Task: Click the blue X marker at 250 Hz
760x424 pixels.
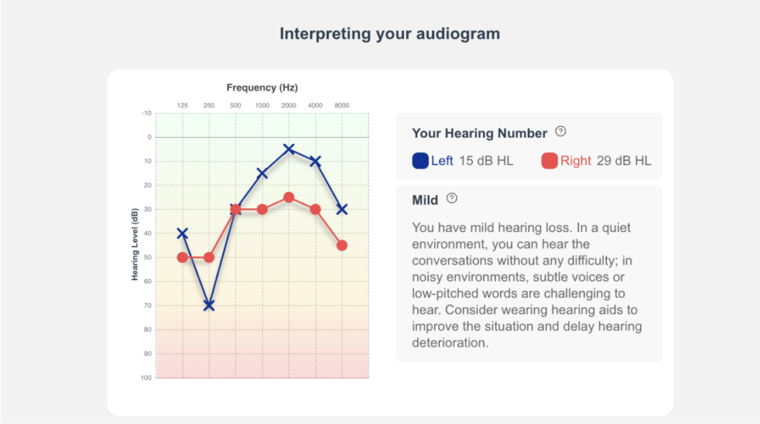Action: click(209, 305)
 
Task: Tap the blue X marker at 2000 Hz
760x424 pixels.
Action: click(289, 148)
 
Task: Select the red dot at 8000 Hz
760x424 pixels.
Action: click(341, 245)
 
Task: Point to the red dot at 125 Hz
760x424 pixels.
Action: click(183, 257)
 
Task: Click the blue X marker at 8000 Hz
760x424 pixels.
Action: click(341, 209)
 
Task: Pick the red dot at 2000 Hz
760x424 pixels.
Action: click(289, 197)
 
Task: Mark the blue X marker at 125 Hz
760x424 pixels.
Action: click(183, 233)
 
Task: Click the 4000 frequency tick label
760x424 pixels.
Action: click(315, 105)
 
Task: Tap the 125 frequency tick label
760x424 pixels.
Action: click(183, 105)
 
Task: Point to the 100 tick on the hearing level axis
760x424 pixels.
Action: click(146, 377)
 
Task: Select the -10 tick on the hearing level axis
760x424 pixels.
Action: click(146, 113)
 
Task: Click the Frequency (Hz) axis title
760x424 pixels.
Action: click(262, 87)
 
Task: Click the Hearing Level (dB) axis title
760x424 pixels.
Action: click(135, 245)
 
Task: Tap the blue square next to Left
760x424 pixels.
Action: click(420, 161)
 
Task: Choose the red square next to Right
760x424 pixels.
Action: click(549, 161)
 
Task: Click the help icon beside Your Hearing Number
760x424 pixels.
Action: click(561, 131)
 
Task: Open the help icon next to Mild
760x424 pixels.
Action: click(452, 198)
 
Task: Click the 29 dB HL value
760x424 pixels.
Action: click(623, 161)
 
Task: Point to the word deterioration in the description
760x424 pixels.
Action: click(451, 342)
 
